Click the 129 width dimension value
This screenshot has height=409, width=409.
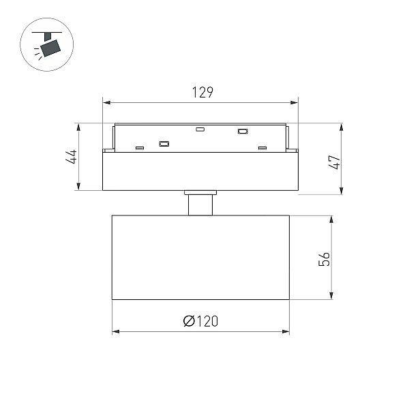[x=202, y=92]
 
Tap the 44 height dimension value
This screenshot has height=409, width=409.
[x=72, y=157]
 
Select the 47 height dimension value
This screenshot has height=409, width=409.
[x=334, y=162]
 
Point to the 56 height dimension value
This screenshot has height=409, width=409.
[x=324, y=259]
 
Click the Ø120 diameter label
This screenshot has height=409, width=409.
[x=200, y=321]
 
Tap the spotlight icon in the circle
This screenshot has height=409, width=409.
[x=47, y=44]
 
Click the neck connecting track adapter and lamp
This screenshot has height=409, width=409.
[x=200, y=205]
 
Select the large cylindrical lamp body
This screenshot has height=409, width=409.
[x=200, y=258]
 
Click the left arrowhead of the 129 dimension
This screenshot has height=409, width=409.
[x=107, y=102]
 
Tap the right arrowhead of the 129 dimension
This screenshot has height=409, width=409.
[x=294, y=102]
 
